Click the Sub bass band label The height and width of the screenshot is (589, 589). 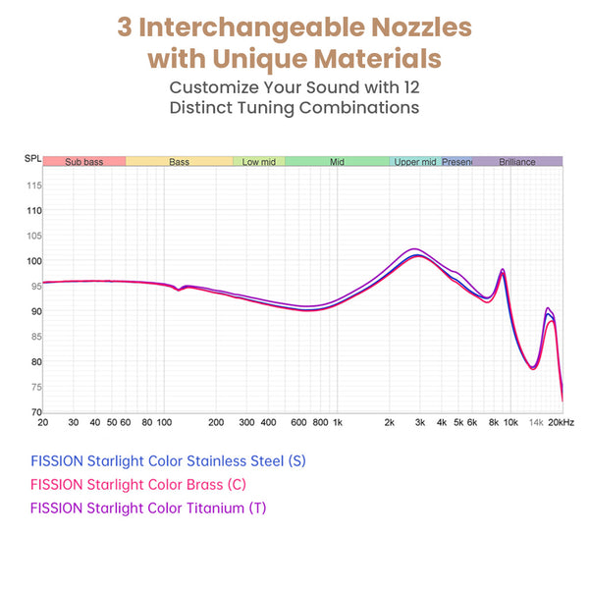coord(83,161)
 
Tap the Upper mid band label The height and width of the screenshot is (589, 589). coord(415,161)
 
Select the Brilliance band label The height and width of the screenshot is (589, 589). coord(517,161)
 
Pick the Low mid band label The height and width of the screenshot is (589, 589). coord(259,161)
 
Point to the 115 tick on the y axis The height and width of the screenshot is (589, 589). coord(33,186)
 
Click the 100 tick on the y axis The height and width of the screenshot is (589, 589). coord(33,261)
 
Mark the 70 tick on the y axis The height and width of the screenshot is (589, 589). coord(33,412)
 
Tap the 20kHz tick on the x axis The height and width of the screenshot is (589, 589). coord(561,423)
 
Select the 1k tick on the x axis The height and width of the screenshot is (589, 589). coord(337,423)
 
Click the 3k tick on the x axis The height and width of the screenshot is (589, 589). coord(419,423)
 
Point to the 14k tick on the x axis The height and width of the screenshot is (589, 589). coord(536,423)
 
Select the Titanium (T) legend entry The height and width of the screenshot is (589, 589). coord(148,508)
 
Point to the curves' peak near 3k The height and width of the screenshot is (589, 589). coord(417,252)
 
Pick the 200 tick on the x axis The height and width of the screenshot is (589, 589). coord(216,423)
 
